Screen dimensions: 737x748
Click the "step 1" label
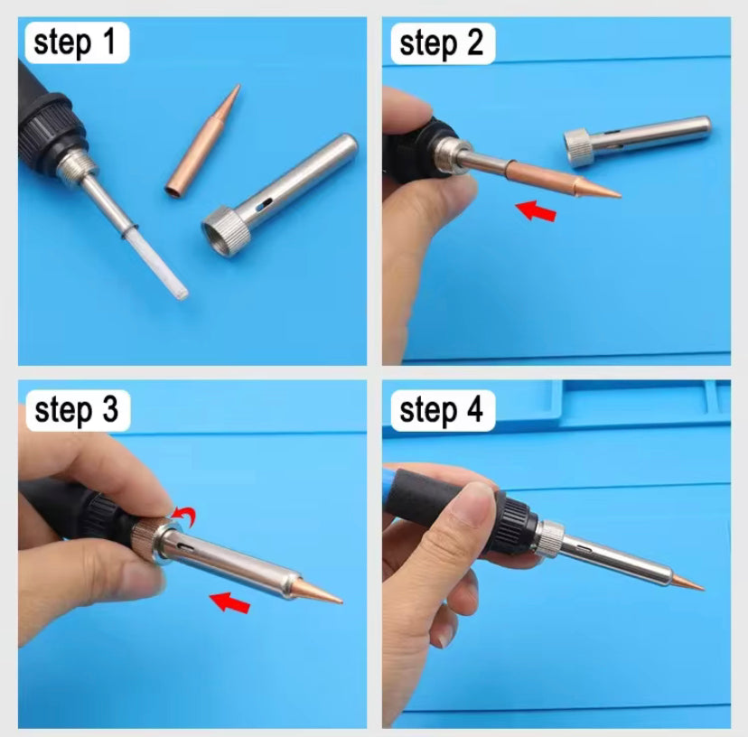76,42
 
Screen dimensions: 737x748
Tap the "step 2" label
442,42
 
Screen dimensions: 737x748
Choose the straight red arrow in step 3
229,600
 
